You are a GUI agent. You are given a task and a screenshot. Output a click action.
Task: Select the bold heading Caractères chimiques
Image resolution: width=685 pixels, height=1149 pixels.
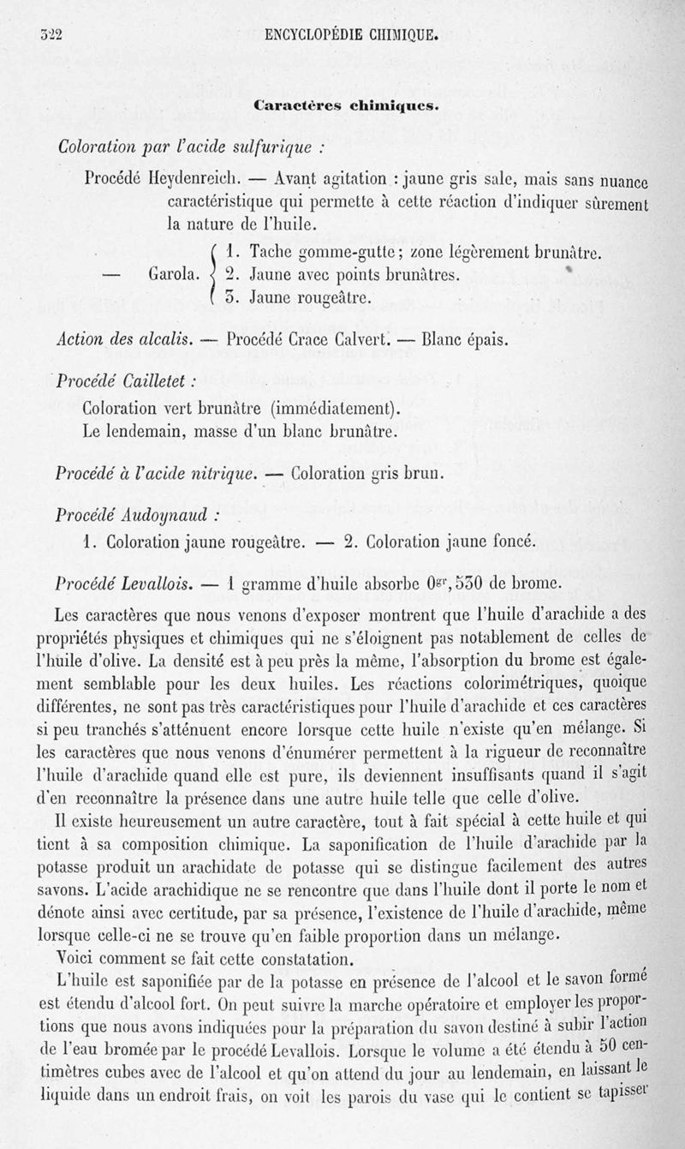(346, 106)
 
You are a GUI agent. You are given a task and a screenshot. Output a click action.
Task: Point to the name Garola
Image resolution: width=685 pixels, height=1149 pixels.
(175, 275)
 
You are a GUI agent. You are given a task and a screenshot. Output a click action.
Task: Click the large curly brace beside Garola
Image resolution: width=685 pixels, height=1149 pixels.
(211, 275)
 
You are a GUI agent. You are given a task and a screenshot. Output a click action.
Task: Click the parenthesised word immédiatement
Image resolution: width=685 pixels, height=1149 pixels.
(336, 406)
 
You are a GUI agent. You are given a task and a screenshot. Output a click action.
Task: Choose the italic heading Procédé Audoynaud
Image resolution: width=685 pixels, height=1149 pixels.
(136, 516)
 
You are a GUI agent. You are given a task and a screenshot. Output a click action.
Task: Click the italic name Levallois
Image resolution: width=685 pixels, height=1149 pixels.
(161, 583)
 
